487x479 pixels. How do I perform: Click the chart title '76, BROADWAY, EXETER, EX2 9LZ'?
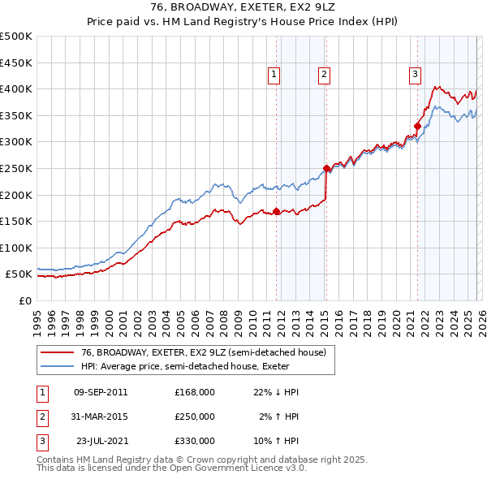pyautogui.click(x=243, y=7)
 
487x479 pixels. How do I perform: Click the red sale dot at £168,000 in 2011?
pyautogui.click(x=276, y=211)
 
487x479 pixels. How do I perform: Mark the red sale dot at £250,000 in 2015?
pyautogui.click(x=326, y=168)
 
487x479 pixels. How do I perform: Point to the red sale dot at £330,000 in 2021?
pyautogui.click(x=417, y=126)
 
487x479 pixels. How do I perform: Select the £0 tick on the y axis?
pyautogui.click(x=24, y=300)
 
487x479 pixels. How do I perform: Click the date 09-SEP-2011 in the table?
pyautogui.click(x=100, y=392)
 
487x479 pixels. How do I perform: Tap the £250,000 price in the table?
pyautogui.click(x=195, y=416)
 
